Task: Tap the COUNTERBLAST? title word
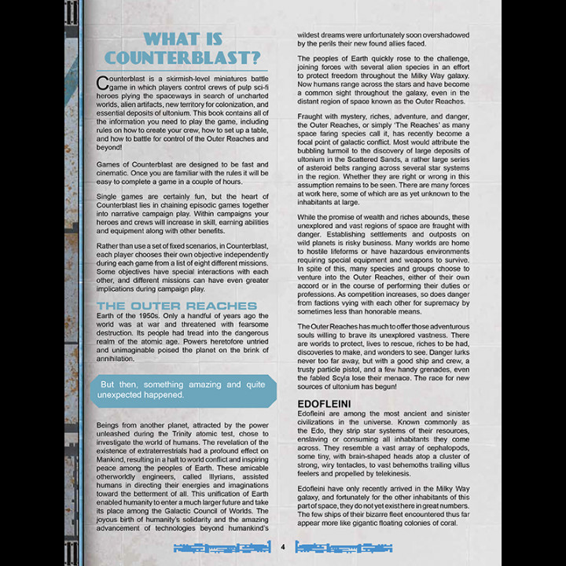tap(182, 58)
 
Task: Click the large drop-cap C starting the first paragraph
tap(102, 83)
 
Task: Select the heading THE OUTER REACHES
tap(177, 305)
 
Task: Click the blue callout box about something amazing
tap(182, 390)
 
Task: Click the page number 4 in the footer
tap(282, 547)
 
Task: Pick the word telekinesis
tap(378, 474)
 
